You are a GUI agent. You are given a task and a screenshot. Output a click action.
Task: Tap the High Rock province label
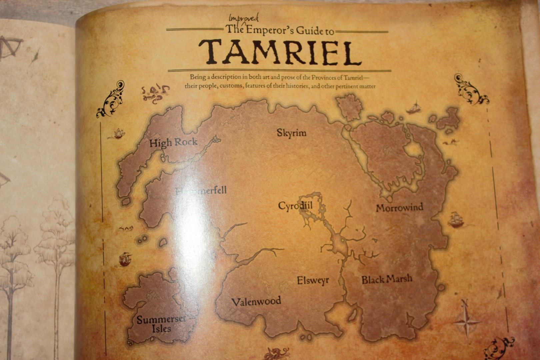173,143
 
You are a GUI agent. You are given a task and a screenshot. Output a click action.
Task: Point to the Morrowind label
399,208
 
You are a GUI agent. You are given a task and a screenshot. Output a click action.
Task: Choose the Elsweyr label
313,280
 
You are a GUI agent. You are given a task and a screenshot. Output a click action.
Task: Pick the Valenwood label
256,302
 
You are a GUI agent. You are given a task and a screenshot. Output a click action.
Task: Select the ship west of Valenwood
124,259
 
